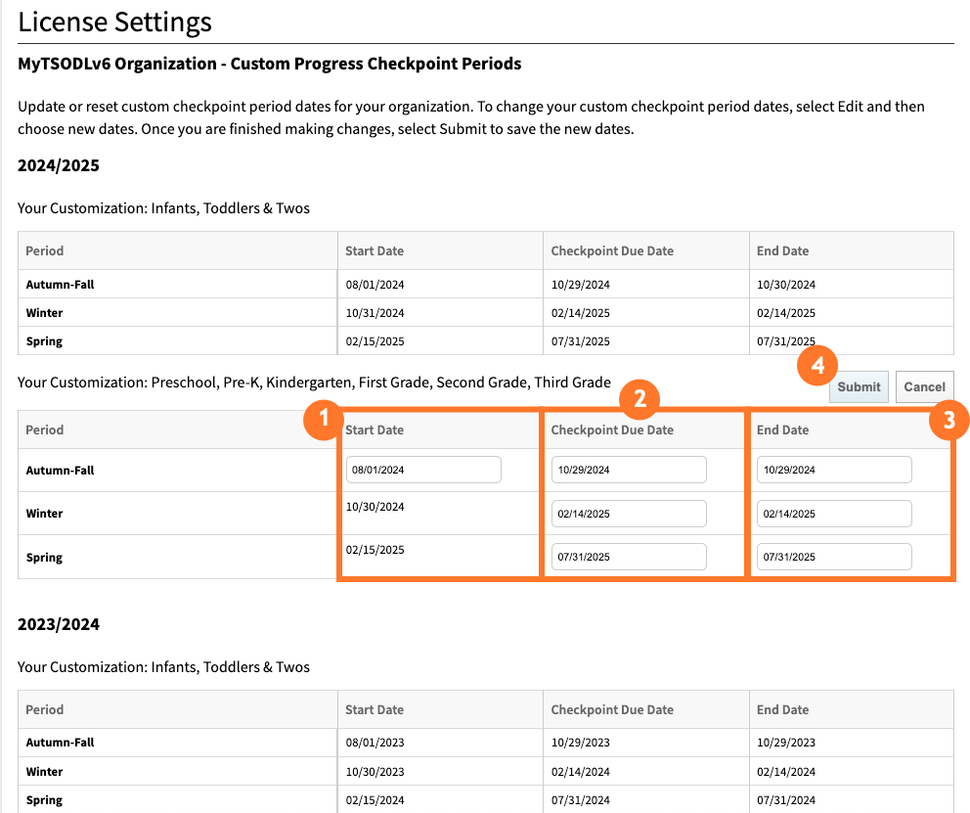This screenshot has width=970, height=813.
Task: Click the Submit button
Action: click(859, 386)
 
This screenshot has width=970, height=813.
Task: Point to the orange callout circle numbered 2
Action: click(639, 398)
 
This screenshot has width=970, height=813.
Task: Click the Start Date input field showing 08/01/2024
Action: click(423, 470)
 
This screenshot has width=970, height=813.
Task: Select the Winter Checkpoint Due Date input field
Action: click(629, 514)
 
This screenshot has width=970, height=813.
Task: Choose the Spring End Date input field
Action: click(834, 557)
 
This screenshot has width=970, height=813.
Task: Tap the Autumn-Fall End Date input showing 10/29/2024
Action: click(834, 470)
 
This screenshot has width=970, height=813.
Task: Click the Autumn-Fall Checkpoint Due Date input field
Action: click(629, 470)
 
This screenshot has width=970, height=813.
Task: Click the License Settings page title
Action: click(114, 22)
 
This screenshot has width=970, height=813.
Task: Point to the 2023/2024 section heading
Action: click(59, 624)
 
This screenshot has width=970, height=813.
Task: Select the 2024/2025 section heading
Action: click(59, 165)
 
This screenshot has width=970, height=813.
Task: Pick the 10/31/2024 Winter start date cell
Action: click(375, 313)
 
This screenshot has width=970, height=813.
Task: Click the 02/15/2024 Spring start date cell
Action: click(375, 800)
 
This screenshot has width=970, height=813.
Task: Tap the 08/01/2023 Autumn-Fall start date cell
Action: click(375, 743)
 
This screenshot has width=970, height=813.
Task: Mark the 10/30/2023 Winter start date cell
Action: click(375, 771)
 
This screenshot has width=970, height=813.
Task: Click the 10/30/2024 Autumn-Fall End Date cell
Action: click(785, 285)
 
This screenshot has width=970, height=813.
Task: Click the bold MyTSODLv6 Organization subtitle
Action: click(269, 65)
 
